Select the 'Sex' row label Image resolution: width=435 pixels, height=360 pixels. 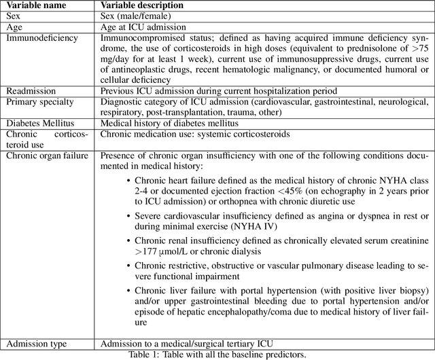[x=14, y=16]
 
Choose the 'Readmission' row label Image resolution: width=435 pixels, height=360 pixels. [x=31, y=90]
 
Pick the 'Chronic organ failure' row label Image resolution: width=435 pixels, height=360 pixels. [x=47, y=155]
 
